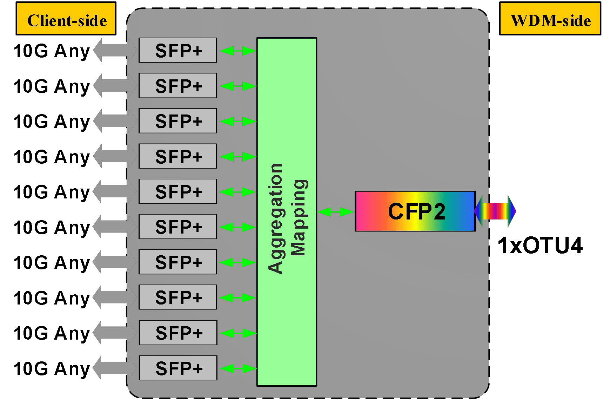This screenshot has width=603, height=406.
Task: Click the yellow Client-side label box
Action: pyautogui.click(x=66, y=19)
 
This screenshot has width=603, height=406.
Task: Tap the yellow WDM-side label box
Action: pyautogui.click(x=550, y=19)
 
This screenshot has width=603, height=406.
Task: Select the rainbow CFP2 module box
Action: pyautogui.click(x=415, y=211)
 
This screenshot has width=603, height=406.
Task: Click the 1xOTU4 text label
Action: pyautogui.click(x=540, y=246)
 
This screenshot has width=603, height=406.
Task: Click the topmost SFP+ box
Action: pyautogui.click(x=178, y=50)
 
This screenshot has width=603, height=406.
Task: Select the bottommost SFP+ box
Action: pyautogui.click(x=178, y=368)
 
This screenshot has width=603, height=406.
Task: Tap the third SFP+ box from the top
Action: pyautogui.click(x=178, y=121)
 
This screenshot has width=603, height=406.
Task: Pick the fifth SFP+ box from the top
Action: pyautogui.click(x=178, y=191)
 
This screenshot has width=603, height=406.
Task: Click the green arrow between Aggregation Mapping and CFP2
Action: pyautogui.click(x=335, y=211)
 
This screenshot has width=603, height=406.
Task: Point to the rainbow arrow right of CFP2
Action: pyautogui.click(x=495, y=211)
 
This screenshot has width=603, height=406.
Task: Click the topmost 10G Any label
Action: pyautogui.click(x=52, y=51)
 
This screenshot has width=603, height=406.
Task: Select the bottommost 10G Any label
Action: pyautogui.click(x=52, y=369)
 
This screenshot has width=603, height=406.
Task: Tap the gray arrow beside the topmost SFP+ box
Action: pyautogui.click(x=115, y=51)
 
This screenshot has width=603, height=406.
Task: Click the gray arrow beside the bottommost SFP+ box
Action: pyautogui.click(x=115, y=368)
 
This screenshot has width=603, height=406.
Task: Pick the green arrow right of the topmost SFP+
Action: pyautogui.click(x=237, y=51)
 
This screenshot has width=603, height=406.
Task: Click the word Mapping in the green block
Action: pyautogui.click(x=300, y=218)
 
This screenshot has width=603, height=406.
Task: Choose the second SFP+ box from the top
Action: pyautogui.click(x=178, y=85)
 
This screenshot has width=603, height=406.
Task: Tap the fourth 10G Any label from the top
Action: pyautogui.click(x=52, y=157)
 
